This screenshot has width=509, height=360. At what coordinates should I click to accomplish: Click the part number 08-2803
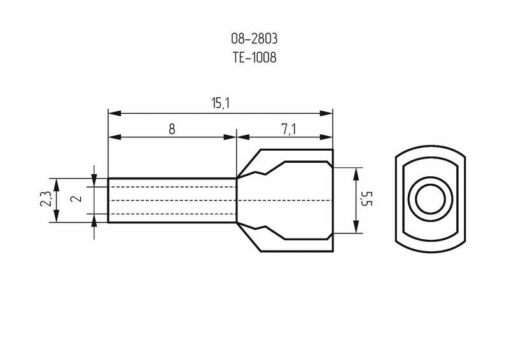pos(254,39)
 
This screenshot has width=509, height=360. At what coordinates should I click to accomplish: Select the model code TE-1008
pos(254,57)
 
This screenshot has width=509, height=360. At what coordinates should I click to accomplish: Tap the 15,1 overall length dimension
pos(220,103)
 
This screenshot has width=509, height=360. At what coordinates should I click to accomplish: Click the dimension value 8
pos(172,129)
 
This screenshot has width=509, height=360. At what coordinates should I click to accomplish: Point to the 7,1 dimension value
pos(288,130)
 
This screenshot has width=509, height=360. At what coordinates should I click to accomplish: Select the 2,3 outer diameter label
pos(45,198)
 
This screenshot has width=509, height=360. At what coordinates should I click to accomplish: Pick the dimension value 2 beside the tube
pos(78,198)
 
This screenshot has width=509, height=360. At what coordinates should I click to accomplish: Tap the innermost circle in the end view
pos(431,198)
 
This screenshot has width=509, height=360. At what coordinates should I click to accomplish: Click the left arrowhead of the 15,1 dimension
pos(115,113)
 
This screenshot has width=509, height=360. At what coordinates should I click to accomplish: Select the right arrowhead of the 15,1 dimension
pos(326,113)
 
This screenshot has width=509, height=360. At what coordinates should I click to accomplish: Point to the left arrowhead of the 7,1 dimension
pos(243,137)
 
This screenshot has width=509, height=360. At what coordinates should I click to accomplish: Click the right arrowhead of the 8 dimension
pos(230,137)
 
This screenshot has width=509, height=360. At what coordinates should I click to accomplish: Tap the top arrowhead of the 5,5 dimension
pos(356,174)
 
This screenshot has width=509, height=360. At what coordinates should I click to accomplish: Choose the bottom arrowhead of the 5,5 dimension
pos(356,226)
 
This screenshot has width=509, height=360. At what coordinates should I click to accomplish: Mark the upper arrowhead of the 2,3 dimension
pos(56,184)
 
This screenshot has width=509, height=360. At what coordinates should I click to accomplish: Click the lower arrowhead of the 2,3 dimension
pos(56,216)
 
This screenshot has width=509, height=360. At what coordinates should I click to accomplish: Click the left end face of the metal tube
pos(108,200)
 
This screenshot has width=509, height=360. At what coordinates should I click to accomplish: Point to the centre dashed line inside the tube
pos(172,200)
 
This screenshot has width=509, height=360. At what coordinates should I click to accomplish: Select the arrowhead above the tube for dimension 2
pos(94,181)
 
